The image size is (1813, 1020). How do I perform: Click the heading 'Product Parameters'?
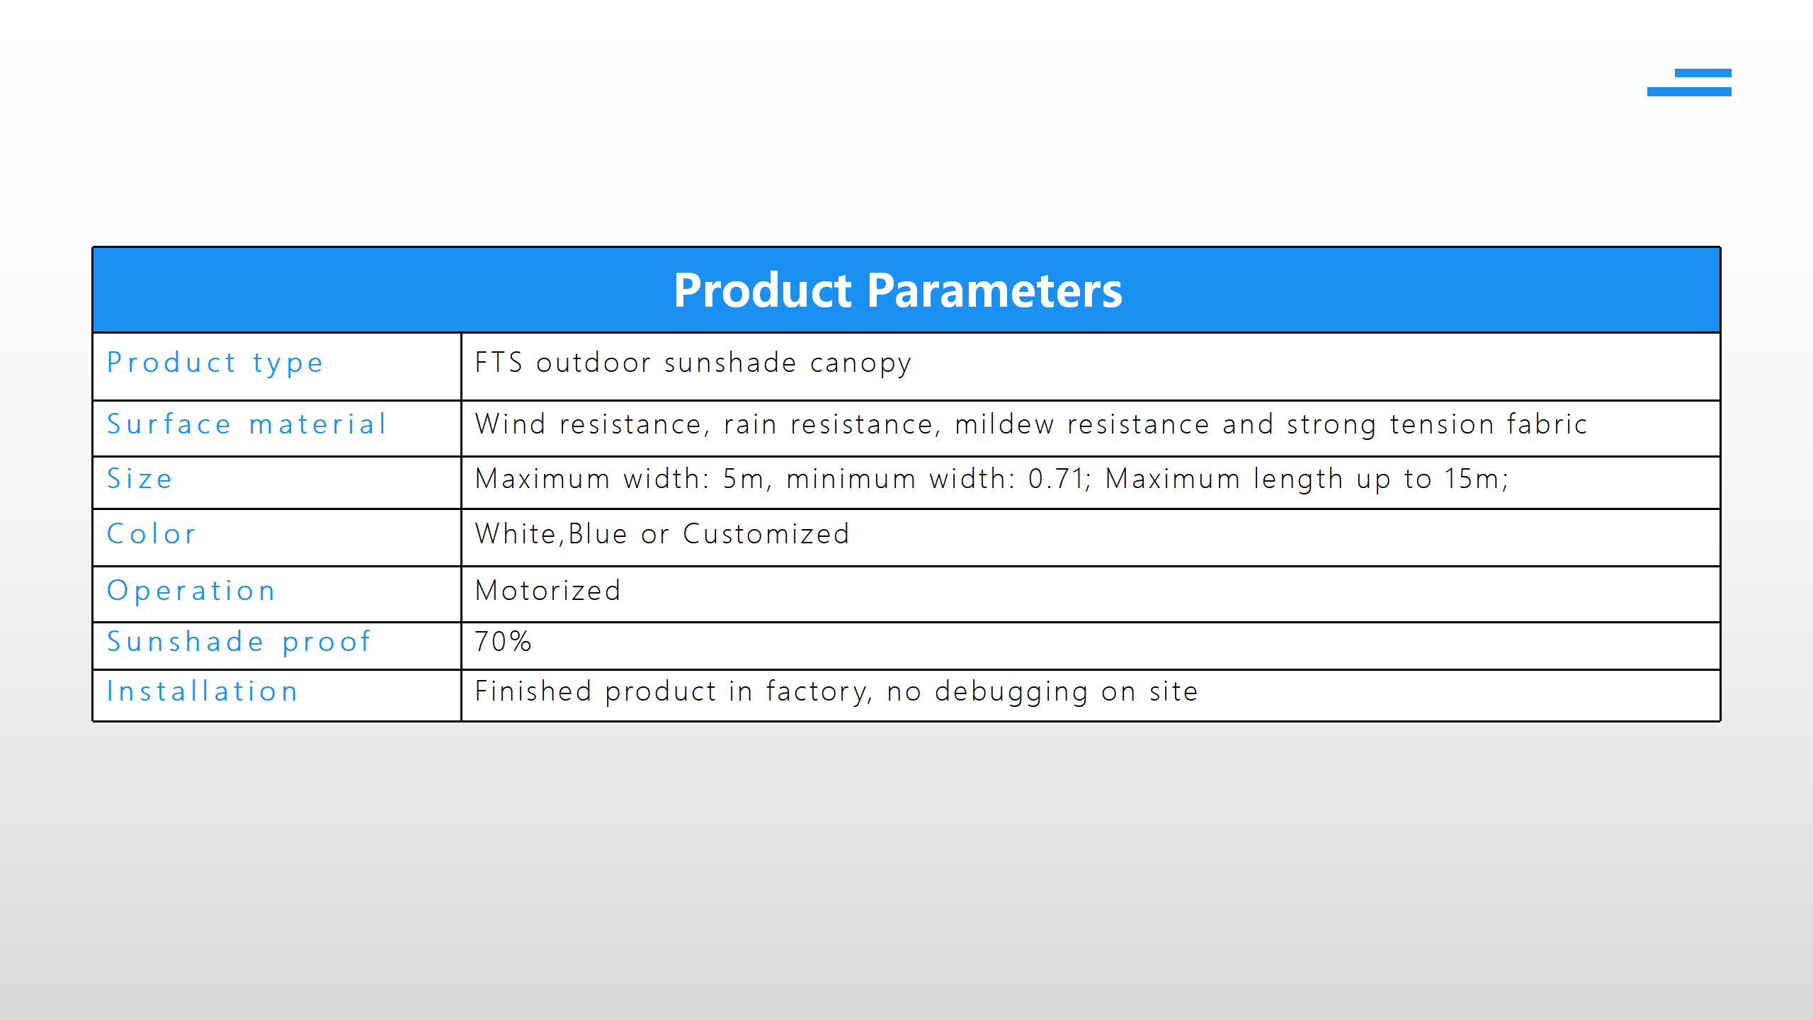pos(897,290)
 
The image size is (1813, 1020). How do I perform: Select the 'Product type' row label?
pos(215,363)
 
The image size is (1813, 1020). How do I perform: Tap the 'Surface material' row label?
pos(246,424)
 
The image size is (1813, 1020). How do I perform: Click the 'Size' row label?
pos(140,479)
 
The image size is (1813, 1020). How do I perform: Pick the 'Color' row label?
pos(152,534)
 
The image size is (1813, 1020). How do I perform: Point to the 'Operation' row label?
pos(191,591)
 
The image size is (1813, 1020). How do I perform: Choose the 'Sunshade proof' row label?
pos(239,642)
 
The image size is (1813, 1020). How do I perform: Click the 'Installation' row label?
pos(203,691)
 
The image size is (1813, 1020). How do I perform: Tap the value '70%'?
pos(503,642)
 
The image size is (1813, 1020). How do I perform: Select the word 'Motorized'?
pos(548,591)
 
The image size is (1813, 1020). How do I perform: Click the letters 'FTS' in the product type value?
pos(499,363)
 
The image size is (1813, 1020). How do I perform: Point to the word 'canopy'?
pos(860,364)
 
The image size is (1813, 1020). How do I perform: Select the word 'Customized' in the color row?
pos(766,534)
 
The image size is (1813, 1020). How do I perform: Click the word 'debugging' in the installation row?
pos(1011,693)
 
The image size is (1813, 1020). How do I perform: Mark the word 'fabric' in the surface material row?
pos(1547,424)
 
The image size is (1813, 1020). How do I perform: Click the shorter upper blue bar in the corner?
pos(1703,73)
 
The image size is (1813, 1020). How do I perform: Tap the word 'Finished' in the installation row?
pos(533,691)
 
